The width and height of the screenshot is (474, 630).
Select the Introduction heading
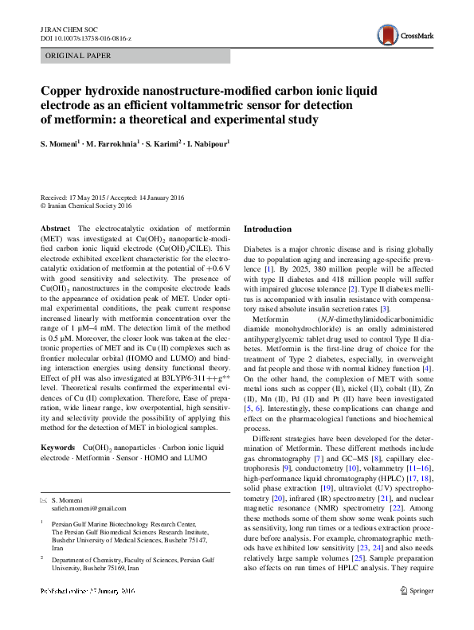[x=267, y=229]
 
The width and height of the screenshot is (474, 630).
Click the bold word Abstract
[x=55, y=229]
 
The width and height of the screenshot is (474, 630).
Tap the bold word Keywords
[x=61, y=448]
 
